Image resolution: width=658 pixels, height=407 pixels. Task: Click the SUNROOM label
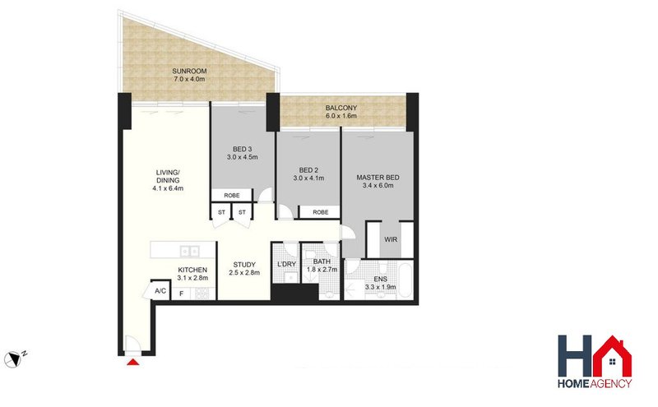point(189,72)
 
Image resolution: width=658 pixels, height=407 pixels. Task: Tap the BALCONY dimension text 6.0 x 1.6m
point(341,116)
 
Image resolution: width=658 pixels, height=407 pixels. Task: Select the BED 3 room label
point(242,149)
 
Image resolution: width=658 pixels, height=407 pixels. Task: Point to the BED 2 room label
point(308,170)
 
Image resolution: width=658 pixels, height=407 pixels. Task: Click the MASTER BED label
point(378,178)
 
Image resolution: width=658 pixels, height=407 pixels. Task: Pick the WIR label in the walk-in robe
point(391,239)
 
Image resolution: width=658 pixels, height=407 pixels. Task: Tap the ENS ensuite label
point(381,279)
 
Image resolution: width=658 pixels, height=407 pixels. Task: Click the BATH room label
point(322,261)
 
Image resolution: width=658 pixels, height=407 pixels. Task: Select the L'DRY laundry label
point(287,264)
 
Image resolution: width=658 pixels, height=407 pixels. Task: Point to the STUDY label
point(244,265)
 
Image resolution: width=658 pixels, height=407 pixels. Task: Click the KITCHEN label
point(192,270)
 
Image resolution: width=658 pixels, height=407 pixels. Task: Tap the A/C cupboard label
point(160,291)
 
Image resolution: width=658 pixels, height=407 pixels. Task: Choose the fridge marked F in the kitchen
point(181,294)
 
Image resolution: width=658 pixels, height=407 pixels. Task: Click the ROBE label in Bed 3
point(232,196)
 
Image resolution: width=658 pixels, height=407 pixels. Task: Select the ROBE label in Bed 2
point(321,212)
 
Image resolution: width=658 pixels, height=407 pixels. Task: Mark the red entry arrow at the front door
point(133,362)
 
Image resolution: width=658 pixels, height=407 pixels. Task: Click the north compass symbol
point(12,359)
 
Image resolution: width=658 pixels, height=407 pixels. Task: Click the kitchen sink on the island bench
point(189,251)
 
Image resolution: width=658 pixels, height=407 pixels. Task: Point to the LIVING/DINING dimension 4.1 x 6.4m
point(168,188)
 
